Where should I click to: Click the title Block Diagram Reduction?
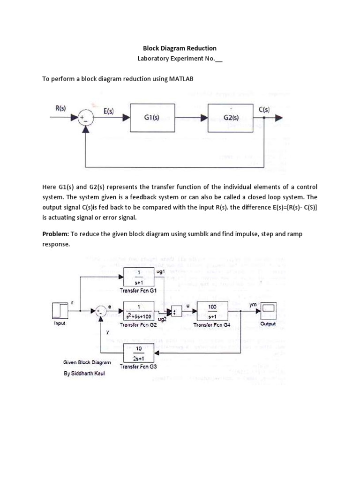coord(180,48)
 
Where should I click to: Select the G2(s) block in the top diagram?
coord(232,118)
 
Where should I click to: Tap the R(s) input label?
coord(60,108)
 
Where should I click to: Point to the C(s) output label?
coord(264,109)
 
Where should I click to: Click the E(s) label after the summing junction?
coord(109,112)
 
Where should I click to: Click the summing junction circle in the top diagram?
coord(84,118)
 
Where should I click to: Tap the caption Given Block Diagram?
coord(87,362)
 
